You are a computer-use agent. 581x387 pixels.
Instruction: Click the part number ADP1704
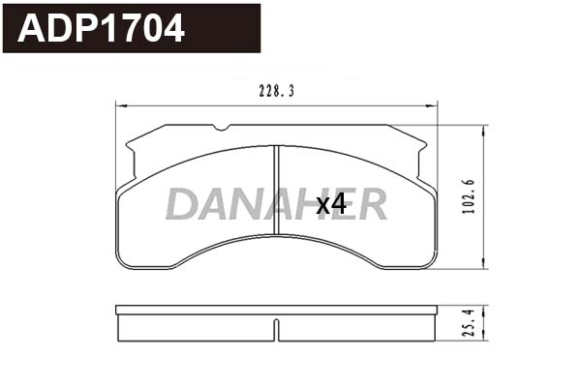click(102, 28)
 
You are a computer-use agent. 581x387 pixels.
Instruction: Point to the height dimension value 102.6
click(469, 197)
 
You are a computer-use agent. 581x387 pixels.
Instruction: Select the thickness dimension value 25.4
click(469, 323)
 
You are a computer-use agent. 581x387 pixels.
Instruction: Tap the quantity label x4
click(331, 204)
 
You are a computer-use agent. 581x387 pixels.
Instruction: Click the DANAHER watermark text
click(276, 204)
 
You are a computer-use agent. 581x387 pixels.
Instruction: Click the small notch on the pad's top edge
click(223, 128)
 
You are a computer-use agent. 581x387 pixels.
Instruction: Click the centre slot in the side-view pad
click(277, 329)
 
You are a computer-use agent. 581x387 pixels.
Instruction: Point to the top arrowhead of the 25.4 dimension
click(483, 309)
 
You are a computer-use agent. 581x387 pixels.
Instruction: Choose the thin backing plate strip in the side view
click(276, 311)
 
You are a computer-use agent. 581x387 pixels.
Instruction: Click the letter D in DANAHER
click(180, 204)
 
